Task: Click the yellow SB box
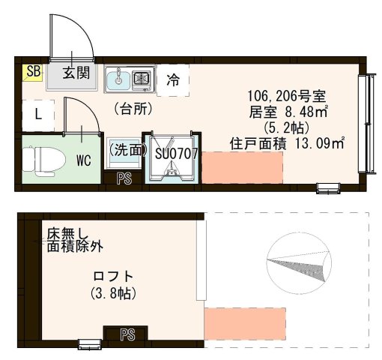click(x=32, y=72)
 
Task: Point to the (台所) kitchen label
click(x=133, y=109)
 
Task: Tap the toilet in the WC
click(x=33, y=160)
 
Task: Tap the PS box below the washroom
click(x=125, y=179)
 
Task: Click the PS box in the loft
click(x=127, y=334)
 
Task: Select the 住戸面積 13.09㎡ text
click(x=287, y=142)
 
